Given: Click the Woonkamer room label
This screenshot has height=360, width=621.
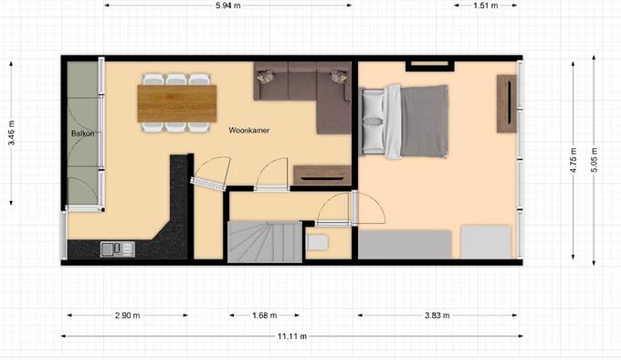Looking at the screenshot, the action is [248, 130].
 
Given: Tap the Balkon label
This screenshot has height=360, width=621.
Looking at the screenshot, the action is [83, 133].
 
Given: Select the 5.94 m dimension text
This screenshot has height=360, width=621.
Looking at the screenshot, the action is [227, 5].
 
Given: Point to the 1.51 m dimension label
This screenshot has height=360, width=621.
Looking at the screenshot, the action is [486, 5].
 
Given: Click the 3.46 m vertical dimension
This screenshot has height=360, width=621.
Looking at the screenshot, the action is [11, 132].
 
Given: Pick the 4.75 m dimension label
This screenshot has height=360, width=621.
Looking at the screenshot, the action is [574, 160].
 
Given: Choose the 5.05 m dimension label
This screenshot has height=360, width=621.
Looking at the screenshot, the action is [595, 160].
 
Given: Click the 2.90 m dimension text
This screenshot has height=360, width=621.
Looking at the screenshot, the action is [127, 315].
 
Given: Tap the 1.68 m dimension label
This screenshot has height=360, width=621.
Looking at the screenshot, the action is [264, 315].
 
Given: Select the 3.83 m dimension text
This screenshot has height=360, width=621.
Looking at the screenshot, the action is [437, 315].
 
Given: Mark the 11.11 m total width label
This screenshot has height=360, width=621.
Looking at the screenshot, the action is [292, 336].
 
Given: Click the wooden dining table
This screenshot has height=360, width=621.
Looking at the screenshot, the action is [177, 103].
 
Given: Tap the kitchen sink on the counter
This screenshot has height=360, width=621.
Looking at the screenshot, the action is [117, 249].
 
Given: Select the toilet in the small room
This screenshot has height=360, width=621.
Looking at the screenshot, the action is [317, 242].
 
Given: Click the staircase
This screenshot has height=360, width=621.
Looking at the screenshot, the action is [265, 241].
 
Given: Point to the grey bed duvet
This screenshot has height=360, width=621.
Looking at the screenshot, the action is [424, 121].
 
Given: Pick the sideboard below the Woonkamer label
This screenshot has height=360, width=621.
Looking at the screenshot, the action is [322, 175].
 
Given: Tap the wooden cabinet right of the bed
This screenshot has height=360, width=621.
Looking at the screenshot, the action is [507, 103].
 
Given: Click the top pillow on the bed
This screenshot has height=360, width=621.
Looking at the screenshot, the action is [374, 104].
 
